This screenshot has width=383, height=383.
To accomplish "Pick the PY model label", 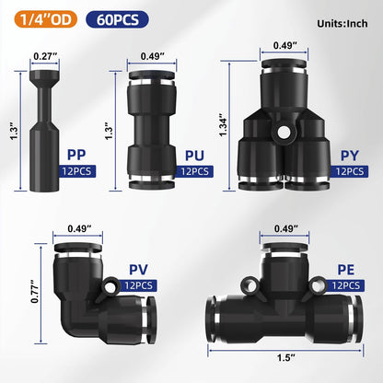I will (348, 157).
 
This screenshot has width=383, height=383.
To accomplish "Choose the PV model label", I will (140, 272).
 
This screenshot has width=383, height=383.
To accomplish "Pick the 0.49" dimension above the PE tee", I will (283, 231).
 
